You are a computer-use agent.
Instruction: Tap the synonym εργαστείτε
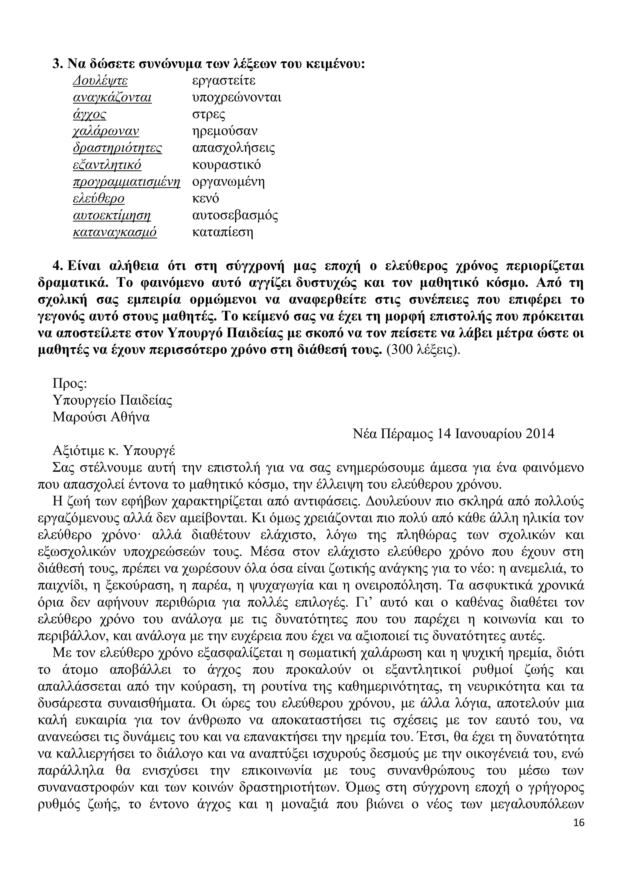coord(224,81)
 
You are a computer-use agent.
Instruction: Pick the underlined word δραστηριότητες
coord(117,148)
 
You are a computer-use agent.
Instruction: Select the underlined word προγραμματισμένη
coord(126,182)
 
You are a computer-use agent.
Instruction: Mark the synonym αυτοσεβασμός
coord(235,216)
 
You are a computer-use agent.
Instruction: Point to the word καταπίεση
coord(222,233)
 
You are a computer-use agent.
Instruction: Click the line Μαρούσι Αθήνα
coord(101,417)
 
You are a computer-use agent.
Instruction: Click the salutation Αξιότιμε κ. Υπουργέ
coord(114,451)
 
